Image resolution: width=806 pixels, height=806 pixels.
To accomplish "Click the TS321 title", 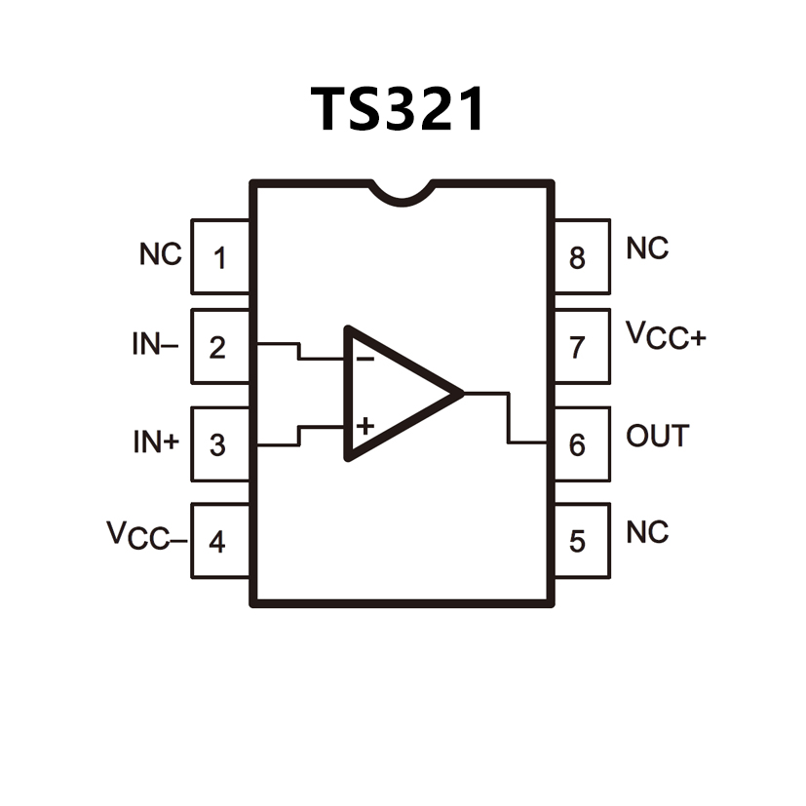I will point(398,109).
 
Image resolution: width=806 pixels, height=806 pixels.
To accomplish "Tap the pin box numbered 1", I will point(220,257).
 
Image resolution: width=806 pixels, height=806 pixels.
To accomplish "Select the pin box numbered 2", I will point(220,347).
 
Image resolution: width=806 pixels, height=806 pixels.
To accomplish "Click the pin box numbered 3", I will point(220,444).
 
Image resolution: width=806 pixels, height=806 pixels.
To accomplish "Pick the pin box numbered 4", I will point(220,541).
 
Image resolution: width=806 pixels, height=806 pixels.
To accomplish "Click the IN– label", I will point(155,345).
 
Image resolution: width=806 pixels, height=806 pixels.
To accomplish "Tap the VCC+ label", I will point(667,336).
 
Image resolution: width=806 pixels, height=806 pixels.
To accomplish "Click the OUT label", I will point(657,436).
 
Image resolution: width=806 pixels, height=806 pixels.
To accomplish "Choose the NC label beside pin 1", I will point(160,255).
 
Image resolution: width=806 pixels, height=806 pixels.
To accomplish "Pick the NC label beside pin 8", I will point(647,249).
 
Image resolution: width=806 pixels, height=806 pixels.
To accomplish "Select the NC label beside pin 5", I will point(647,533).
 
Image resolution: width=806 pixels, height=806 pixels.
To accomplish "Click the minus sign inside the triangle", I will point(365,359).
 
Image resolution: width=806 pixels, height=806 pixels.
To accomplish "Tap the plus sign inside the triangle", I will point(365,426).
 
